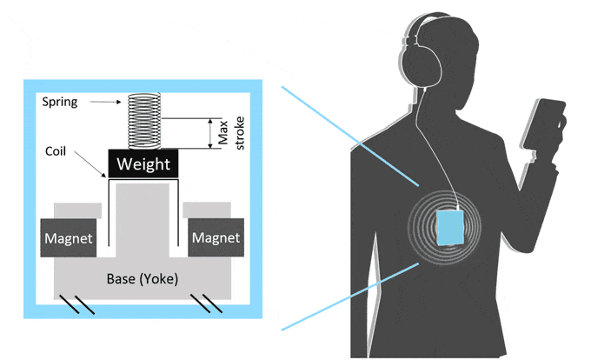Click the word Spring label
60,102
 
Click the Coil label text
57,150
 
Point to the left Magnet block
70,237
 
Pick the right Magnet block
216,237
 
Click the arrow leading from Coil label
91,163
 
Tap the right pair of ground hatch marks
213,304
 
